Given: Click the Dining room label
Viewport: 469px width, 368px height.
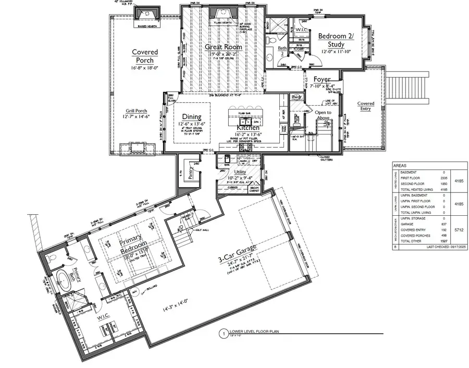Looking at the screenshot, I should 191,117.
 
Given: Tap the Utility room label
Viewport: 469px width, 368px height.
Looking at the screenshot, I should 240,171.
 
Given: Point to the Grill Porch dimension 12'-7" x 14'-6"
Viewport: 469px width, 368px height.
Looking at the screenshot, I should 136,117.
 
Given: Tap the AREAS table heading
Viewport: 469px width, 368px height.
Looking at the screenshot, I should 401,165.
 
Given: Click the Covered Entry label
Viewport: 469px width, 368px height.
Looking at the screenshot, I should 365,106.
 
